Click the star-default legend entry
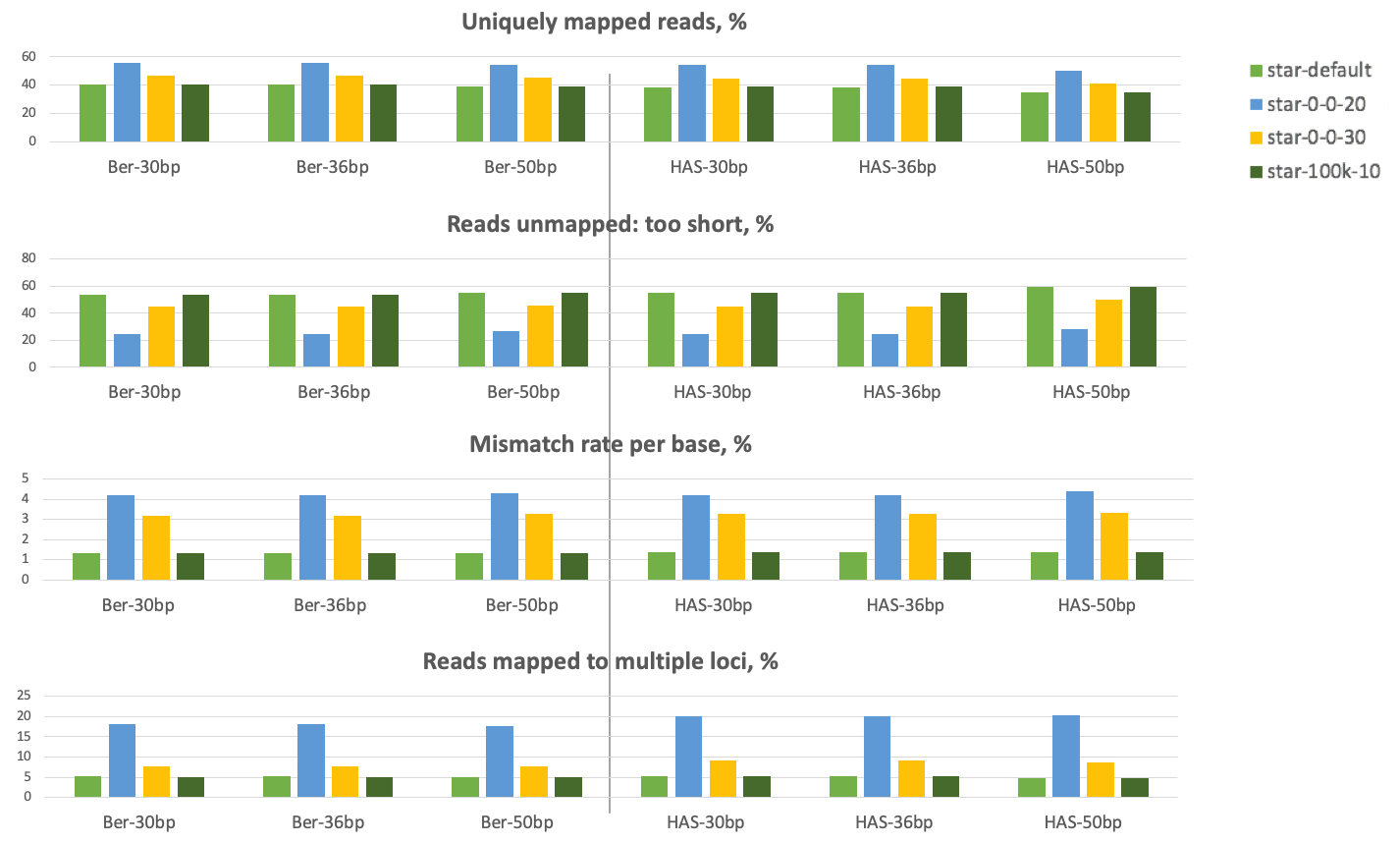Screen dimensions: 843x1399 [x=1309, y=71]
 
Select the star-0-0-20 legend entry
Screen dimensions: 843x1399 [x=1309, y=104]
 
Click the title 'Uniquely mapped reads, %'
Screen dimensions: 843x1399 [x=604, y=22]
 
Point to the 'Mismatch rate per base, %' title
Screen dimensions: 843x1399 [x=610, y=444]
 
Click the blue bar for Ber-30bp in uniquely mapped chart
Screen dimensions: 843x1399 [x=128, y=102]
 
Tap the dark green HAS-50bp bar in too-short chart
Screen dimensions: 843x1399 [x=1142, y=327]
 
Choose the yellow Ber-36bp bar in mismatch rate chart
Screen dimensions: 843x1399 [x=348, y=547]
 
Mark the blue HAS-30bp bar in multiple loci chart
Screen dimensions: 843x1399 [x=688, y=757]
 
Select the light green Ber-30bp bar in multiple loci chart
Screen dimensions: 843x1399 [x=87, y=786]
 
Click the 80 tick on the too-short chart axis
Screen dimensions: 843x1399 [x=28, y=258]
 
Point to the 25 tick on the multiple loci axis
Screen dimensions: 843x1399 [x=25, y=696]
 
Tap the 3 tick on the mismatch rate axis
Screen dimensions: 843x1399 [x=26, y=519]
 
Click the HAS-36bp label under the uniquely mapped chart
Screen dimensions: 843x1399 [x=896, y=167]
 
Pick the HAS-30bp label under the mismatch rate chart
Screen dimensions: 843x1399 [x=713, y=604]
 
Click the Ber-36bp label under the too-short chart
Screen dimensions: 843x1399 [x=334, y=392]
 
